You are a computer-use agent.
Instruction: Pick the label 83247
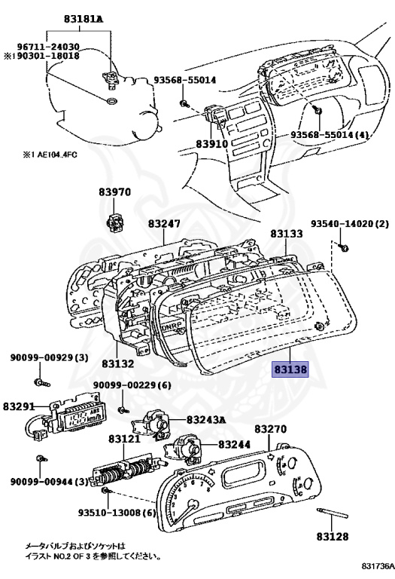tap(164, 223)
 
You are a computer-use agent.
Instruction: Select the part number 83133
tap(287, 234)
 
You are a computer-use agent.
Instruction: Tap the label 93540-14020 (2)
tap(350, 224)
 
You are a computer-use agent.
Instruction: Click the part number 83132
tap(118, 363)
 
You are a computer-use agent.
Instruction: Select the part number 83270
tap(270, 429)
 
